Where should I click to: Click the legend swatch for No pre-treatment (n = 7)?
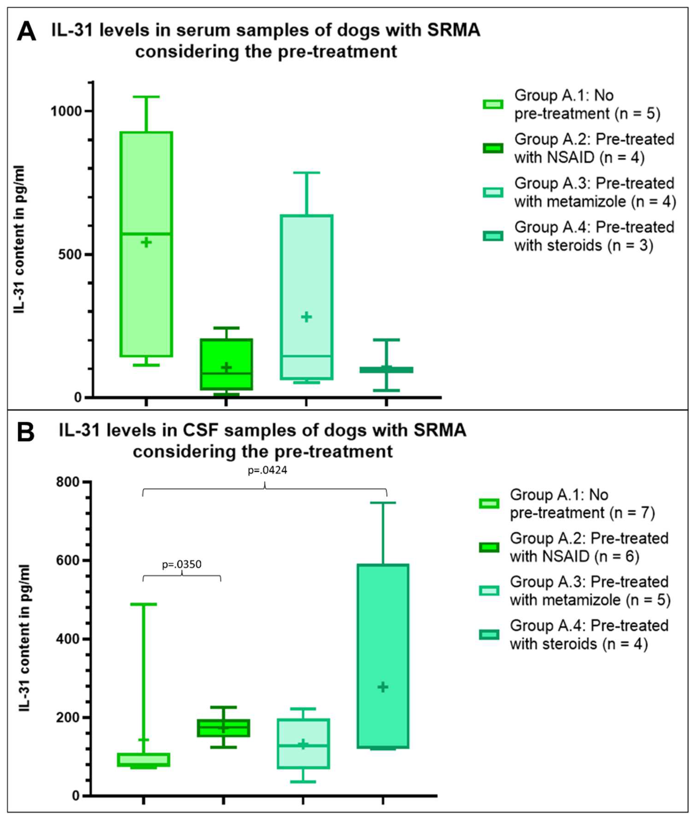click(x=489, y=504)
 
